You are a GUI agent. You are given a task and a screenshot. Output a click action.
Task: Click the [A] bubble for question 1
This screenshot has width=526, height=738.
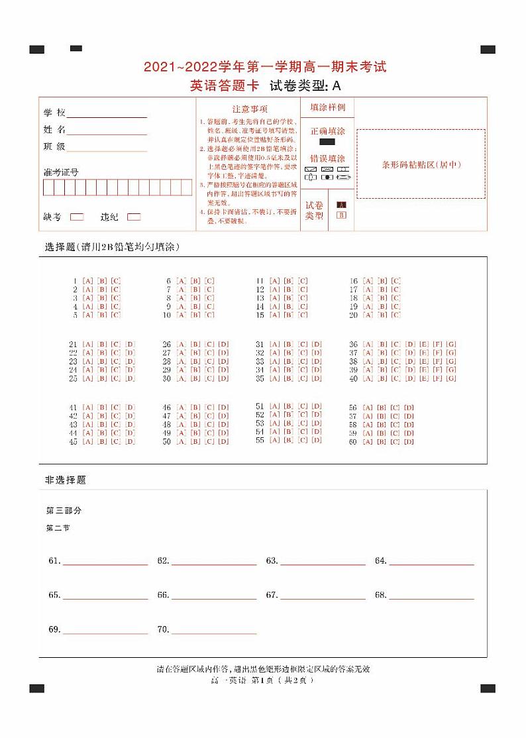(x=88, y=281)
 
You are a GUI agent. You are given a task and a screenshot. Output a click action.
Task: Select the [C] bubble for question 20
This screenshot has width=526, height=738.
(x=395, y=315)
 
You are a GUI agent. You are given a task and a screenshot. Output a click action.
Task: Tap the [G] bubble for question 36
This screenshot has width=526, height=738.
(x=451, y=344)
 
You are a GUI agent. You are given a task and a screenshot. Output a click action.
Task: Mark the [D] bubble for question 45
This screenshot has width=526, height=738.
(x=130, y=441)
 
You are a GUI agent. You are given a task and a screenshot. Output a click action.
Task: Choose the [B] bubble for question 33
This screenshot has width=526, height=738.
(x=289, y=362)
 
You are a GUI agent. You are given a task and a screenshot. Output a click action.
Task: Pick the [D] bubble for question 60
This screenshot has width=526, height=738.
(x=409, y=442)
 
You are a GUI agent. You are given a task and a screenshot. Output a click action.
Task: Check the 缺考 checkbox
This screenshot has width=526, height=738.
(x=77, y=217)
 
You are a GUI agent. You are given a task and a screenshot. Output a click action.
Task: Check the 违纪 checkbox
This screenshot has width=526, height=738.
(x=134, y=217)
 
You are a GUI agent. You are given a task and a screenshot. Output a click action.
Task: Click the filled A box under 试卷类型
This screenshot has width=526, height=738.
(x=341, y=205)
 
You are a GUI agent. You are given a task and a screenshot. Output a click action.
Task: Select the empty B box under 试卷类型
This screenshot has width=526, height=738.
(x=341, y=215)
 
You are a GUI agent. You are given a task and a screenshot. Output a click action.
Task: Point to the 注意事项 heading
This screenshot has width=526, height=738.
(x=250, y=109)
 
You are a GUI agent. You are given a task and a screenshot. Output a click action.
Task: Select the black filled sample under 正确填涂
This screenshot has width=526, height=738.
(x=327, y=142)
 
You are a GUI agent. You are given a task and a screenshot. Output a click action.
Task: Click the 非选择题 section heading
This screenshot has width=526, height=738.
(x=66, y=480)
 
